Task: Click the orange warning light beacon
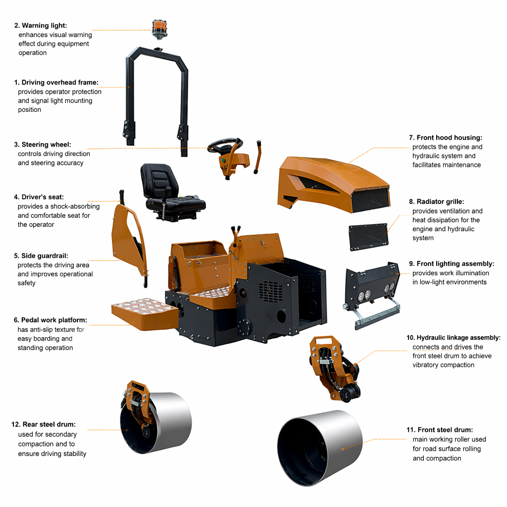tap(159, 29)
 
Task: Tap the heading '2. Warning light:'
tap(41, 26)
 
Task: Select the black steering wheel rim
tap(225, 145)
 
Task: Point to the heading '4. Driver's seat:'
tap(39, 197)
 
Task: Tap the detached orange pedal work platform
tap(145, 313)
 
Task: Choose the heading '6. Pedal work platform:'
tap(51, 320)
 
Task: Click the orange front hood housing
tap(333, 184)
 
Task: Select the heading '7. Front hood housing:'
tap(446, 138)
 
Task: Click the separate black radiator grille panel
tap(368, 237)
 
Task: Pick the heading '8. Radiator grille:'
tap(437, 202)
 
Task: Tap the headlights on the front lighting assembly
tap(375, 292)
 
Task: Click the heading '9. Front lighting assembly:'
tap(452, 264)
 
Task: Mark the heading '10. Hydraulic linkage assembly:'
tap(454, 338)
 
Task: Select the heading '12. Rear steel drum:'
tap(44, 424)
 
